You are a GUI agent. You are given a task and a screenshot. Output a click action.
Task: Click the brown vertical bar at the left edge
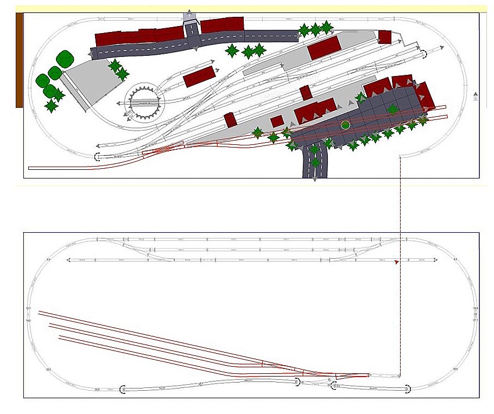click(19, 60)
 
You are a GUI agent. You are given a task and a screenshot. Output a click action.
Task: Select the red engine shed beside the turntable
click(199, 77)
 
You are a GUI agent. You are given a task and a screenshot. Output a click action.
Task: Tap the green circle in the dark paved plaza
click(345, 125)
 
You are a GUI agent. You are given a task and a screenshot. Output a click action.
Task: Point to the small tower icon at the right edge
click(476, 97)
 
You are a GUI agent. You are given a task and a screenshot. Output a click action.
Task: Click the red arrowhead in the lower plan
click(397, 262)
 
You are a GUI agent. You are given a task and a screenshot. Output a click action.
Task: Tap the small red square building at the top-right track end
click(385, 37)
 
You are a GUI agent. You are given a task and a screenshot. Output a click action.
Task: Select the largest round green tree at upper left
click(65, 59)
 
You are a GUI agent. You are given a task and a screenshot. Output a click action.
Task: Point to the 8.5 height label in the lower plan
click(455, 260)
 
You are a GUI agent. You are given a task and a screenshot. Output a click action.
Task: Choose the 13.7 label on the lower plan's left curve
click(28, 309)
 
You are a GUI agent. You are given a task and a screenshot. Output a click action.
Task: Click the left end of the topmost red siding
click(39, 312)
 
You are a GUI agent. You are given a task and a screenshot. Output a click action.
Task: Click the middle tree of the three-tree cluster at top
click(315, 29)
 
